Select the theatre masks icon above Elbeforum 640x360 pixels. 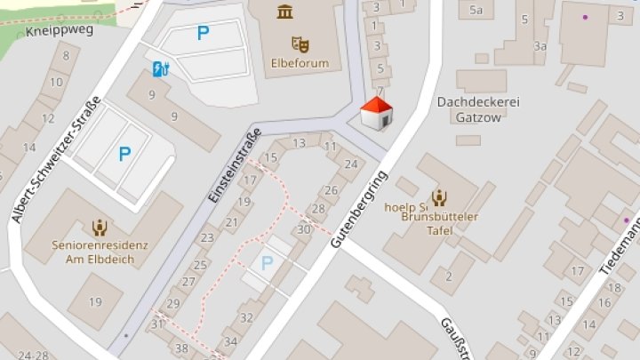coord(300,43)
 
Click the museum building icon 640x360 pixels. coord(285,11)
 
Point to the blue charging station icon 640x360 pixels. coord(161,68)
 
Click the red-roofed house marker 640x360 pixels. coord(376,115)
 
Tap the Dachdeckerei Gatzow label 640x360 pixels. coord(478,108)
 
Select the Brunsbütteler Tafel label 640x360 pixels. coord(440,224)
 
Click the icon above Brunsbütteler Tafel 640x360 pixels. coord(439,198)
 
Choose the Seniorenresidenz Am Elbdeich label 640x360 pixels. coord(100,252)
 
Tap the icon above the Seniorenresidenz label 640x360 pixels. coord(99,227)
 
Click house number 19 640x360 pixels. coord(95,301)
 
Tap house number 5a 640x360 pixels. coord(476,10)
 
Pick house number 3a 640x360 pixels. coord(540,45)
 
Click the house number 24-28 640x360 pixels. coord(33,355)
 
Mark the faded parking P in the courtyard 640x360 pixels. coord(268,263)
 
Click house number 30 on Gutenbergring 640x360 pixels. coord(304,229)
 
